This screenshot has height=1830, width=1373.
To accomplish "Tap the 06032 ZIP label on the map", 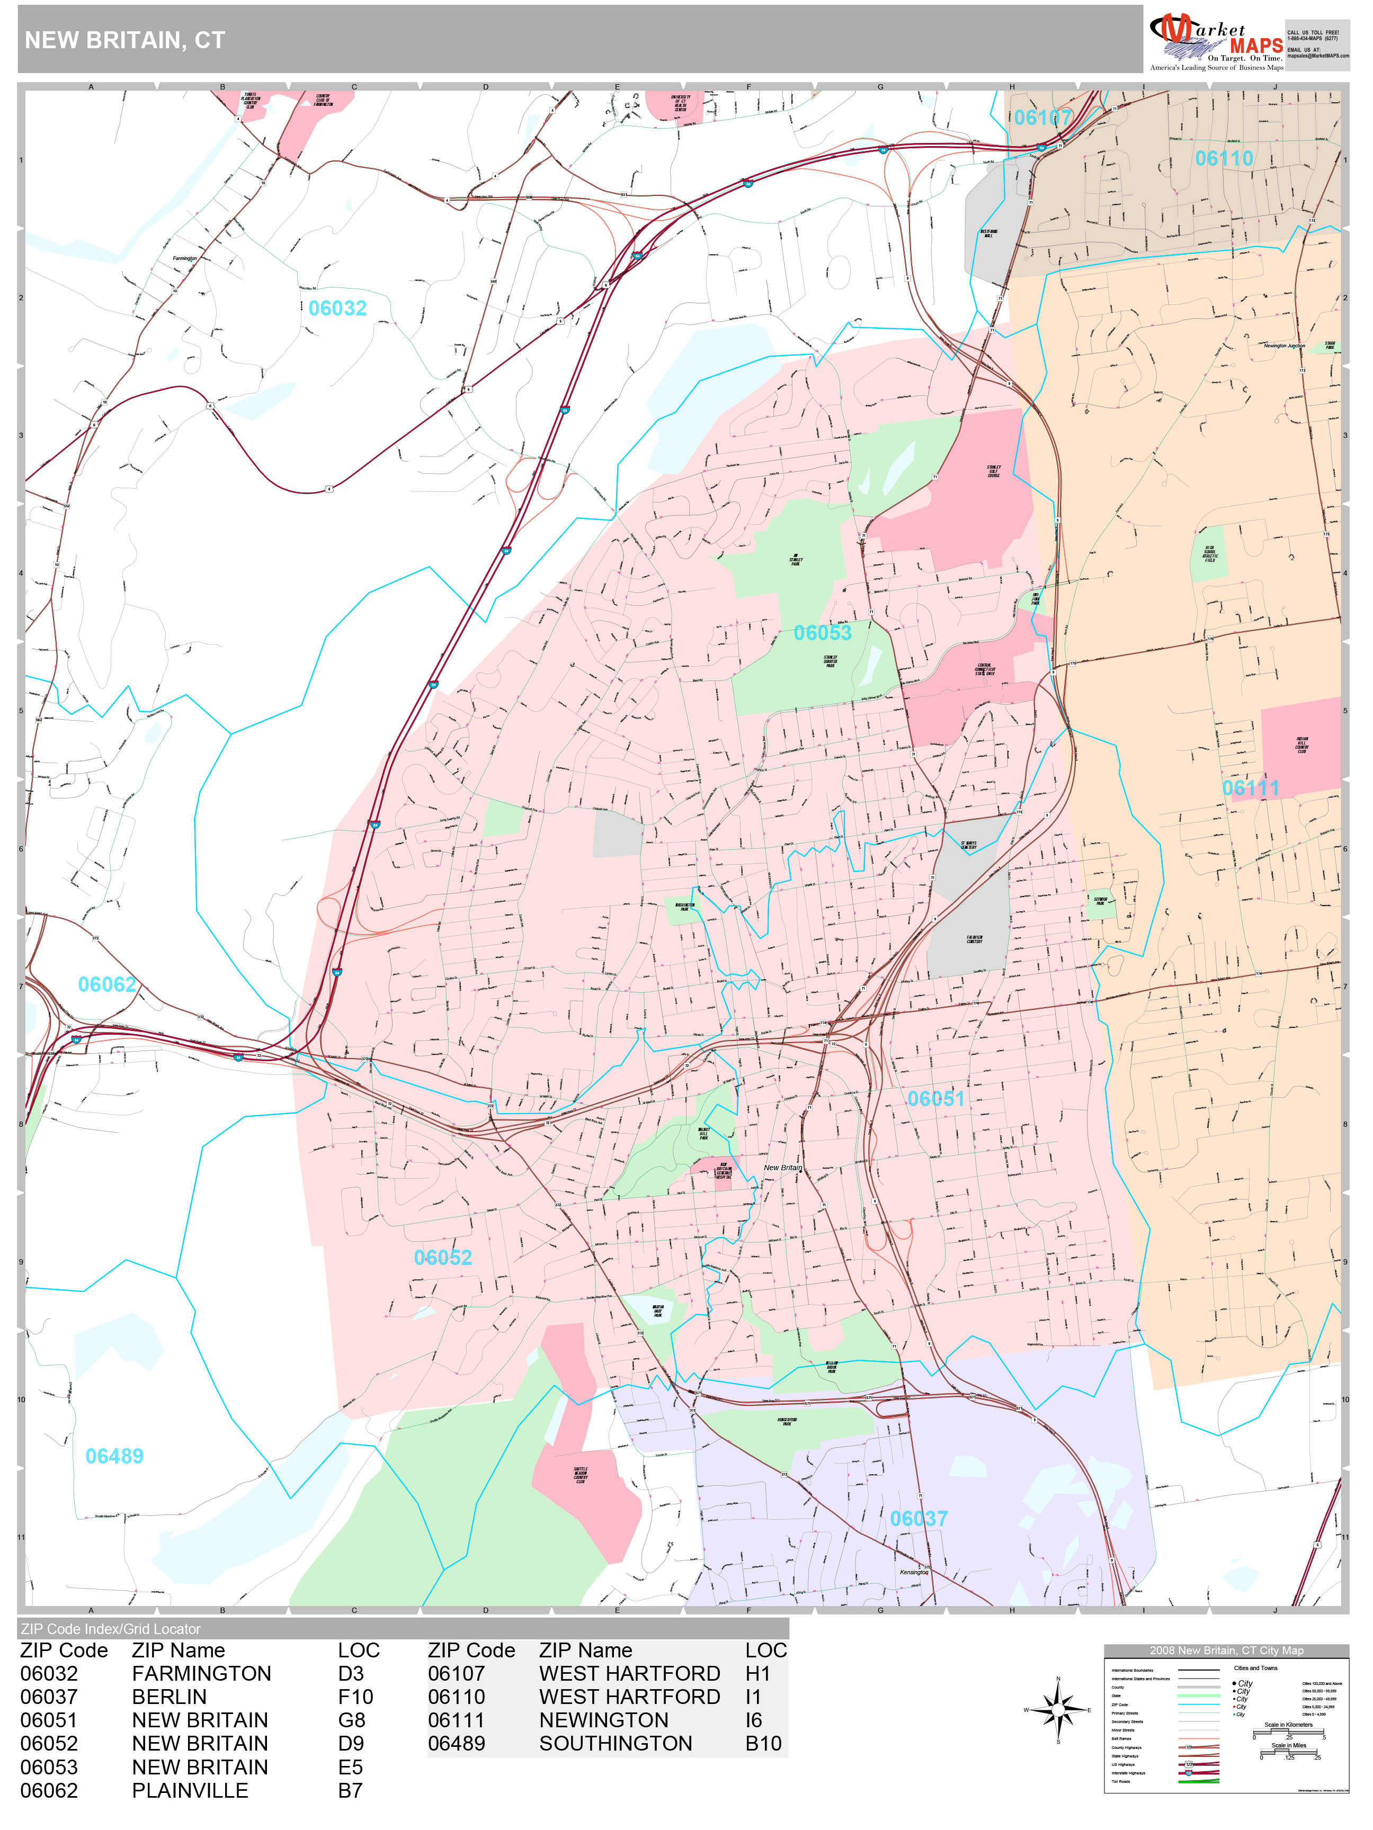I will click(337, 309).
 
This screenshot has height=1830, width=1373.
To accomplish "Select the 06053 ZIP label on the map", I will click(822, 633).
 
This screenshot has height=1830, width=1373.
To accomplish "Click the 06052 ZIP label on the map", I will click(443, 1258).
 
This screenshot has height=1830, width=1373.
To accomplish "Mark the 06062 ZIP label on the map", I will click(107, 984).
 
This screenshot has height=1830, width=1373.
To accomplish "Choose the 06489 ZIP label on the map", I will click(114, 1456).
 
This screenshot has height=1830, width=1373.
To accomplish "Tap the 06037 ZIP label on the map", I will click(919, 1519).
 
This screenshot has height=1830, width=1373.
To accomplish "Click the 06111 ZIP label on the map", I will click(1251, 788).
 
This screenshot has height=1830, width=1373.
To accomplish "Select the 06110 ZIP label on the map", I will click(1223, 159).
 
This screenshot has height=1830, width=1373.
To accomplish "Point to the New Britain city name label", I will click(782, 1168).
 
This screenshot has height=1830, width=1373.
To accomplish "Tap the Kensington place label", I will click(914, 1573).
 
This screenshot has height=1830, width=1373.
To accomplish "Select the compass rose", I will click(1058, 1710).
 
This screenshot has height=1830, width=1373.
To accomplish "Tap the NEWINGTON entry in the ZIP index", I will click(603, 1720).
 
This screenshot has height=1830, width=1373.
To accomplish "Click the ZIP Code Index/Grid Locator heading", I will click(111, 1629).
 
